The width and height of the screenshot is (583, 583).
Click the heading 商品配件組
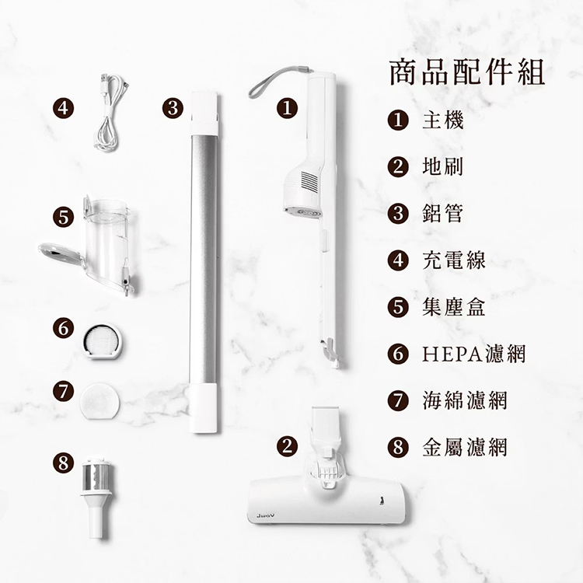coord(466,72)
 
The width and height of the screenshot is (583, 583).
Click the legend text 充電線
coord(454,260)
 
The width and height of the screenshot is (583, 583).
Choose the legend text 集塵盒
coord(454,307)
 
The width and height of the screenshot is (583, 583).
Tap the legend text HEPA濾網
coord(474,354)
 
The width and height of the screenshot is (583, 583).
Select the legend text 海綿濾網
coord(465,401)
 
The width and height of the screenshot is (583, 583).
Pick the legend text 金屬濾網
coord(465,448)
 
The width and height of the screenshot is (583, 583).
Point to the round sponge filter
coord(101,400)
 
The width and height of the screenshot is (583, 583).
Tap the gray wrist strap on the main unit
coord(272,81)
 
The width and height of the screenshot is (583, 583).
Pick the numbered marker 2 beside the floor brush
coord(288,445)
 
